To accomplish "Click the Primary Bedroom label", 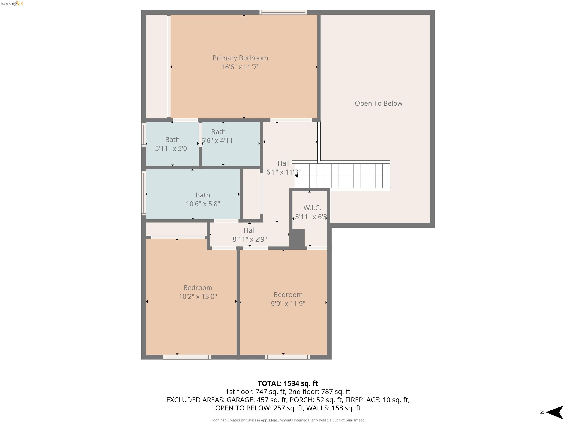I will [240, 58].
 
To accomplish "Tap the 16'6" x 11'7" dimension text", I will [240, 67].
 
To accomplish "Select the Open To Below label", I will [378, 103].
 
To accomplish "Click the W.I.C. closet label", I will [312, 208].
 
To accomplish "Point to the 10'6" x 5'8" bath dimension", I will [203, 204].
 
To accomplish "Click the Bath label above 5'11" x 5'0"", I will [172, 139].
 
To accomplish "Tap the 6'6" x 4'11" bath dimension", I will [218, 141].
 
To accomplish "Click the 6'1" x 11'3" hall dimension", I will [283, 172].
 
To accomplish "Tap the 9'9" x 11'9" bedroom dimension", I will [288, 303].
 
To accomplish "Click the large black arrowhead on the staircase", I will [297, 176].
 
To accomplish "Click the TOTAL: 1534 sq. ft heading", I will [288, 383].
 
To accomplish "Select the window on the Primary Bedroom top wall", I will [283, 12].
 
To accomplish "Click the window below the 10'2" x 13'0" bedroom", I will [187, 357].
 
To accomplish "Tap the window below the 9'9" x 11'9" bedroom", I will [287, 357].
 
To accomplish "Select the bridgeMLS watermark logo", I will [12, 4].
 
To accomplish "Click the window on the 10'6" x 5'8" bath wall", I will [143, 193].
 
